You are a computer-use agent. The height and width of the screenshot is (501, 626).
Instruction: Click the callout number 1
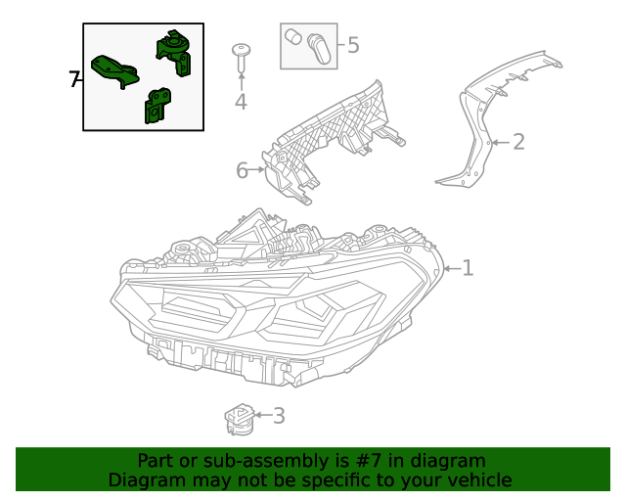pyautogui.click(x=469, y=267)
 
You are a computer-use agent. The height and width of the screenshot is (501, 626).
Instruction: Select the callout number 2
pyautogui.click(x=518, y=142)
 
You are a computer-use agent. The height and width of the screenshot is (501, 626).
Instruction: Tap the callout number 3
pyautogui.click(x=279, y=416)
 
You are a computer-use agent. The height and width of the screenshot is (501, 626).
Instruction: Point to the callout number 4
pyautogui.click(x=241, y=102)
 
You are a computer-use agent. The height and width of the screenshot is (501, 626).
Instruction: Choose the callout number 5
pyautogui.click(x=353, y=44)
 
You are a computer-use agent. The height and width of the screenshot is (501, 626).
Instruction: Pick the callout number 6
pyautogui.click(x=243, y=171)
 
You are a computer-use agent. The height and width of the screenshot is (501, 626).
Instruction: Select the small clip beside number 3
pyautogui.click(x=240, y=418)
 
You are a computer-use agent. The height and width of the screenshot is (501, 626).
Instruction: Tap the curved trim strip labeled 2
pyautogui.click(x=479, y=127)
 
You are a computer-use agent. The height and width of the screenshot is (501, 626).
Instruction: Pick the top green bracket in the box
pyautogui.click(x=176, y=51)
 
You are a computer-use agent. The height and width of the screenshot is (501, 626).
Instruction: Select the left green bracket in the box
pyautogui.click(x=113, y=70)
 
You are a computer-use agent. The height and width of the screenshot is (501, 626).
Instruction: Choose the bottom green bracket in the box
pyautogui.click(x=156, y=106)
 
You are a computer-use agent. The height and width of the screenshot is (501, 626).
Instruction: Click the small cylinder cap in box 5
pyautogui.click(x=292, y=37)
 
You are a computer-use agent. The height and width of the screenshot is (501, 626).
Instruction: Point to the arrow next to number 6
pyautogui.click(x=259, y=171)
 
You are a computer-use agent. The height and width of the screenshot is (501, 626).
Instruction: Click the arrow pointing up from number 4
pyautogui.click(x=241, y=78)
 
